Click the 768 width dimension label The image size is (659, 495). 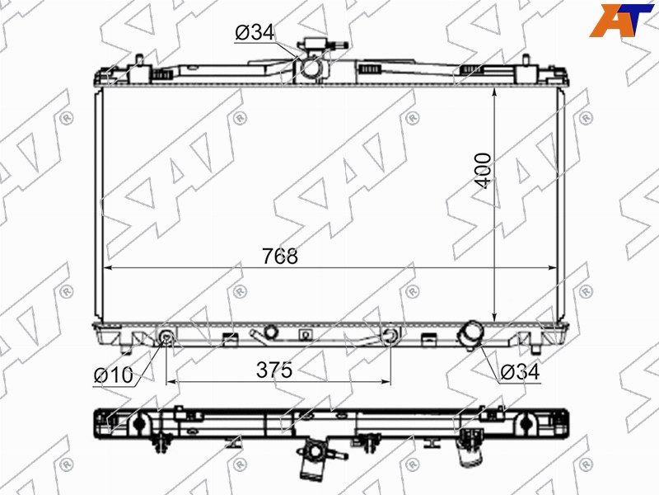click(x=280, y=256)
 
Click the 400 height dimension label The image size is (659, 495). click(x=483, y=171)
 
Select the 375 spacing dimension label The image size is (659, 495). click(x=274, y=370)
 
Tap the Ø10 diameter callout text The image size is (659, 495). click(x=114, y=375)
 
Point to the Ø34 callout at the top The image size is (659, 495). click(x=255, y=32)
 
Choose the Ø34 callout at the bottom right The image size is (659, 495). click(x=520, y=372)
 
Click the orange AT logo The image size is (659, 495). click(x=622, y=20)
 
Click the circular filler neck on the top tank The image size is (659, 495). click(x=311, y=68)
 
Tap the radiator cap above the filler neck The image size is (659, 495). click(x=315, y=44)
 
